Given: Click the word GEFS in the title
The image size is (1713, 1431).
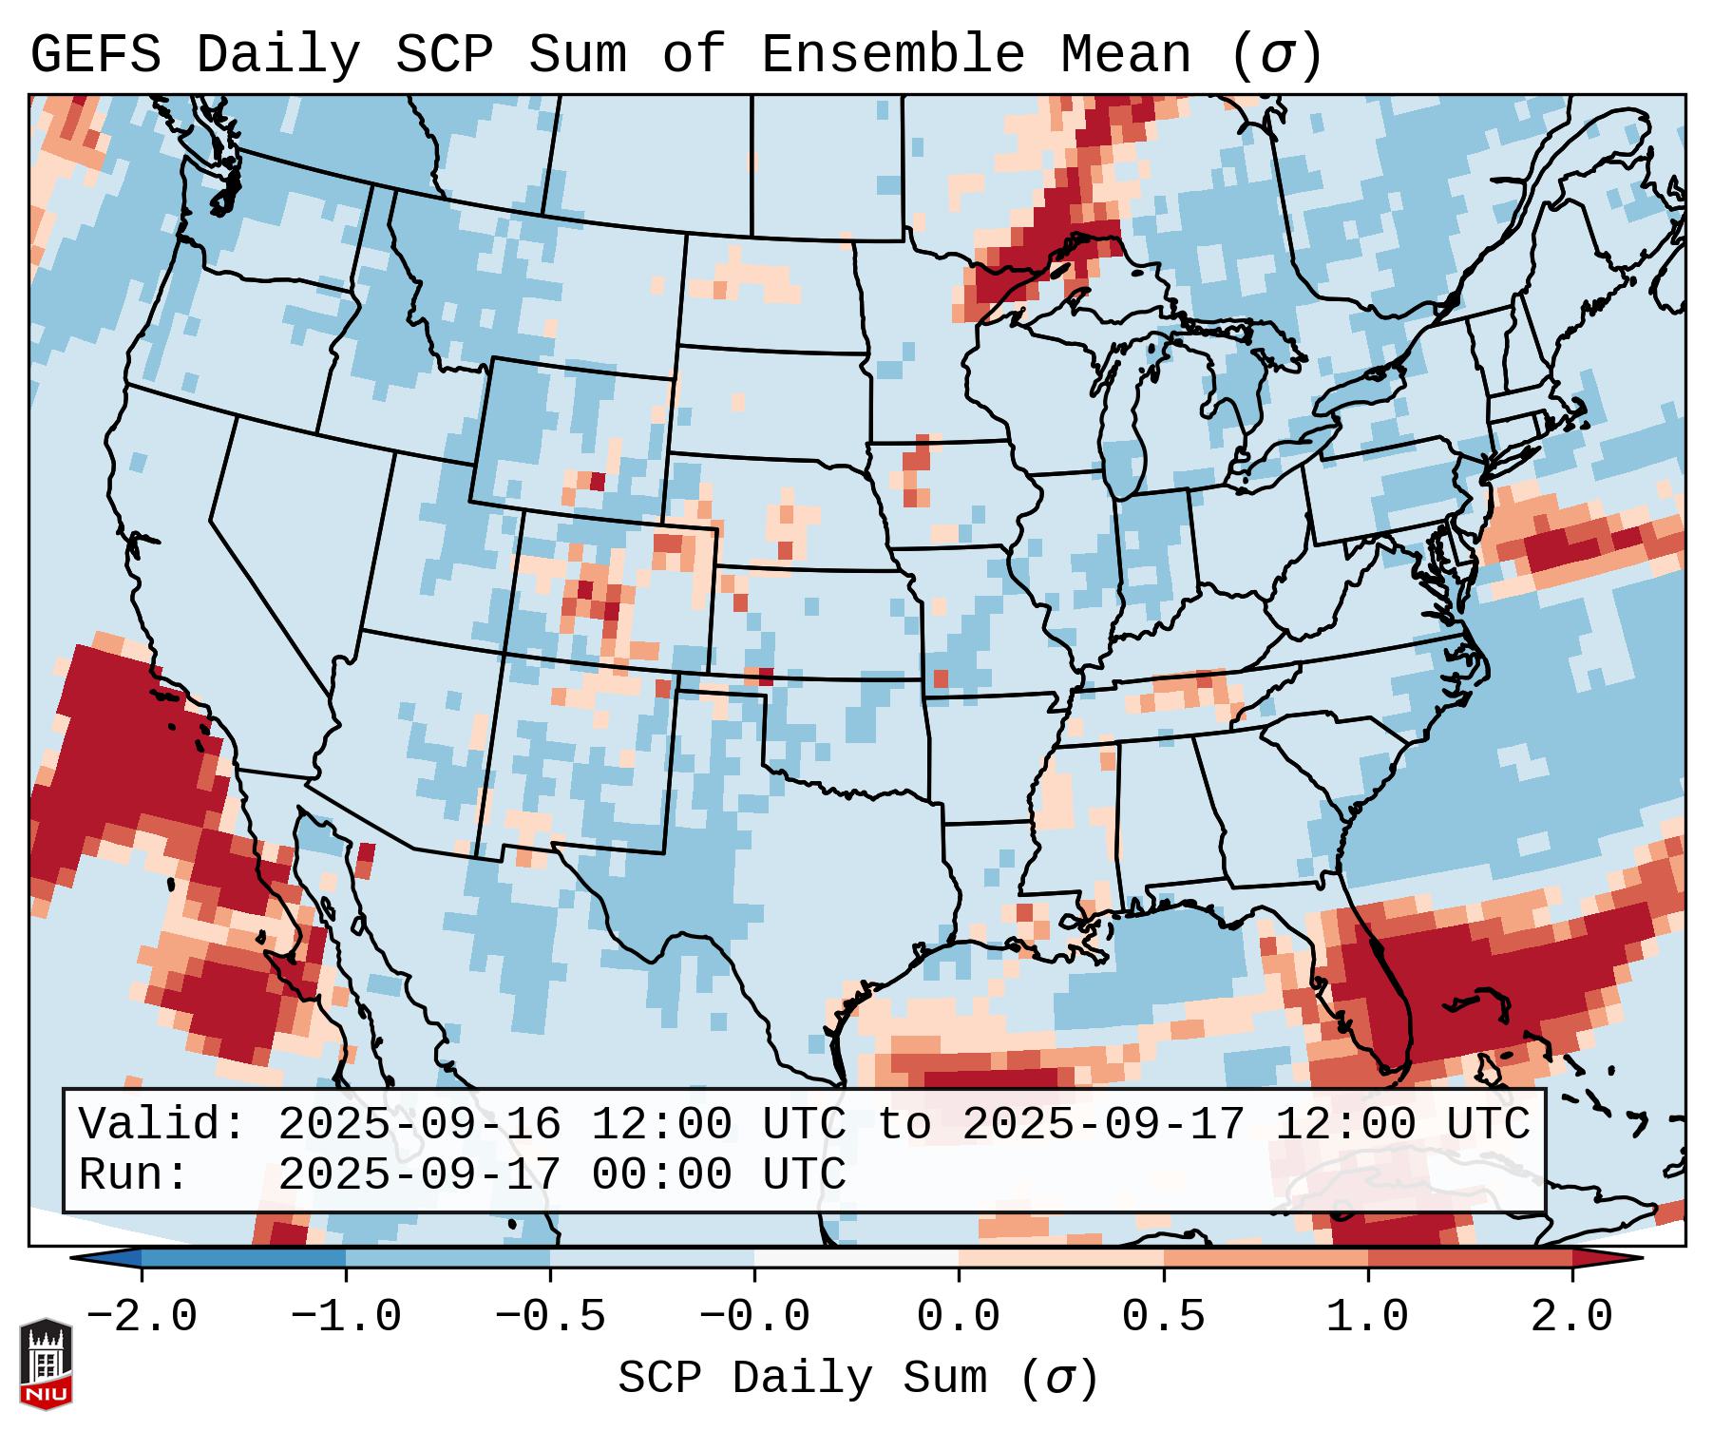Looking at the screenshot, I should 95,55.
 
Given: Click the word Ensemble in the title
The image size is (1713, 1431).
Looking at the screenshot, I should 893,55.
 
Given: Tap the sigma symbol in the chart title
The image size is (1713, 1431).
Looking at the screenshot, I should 1276,55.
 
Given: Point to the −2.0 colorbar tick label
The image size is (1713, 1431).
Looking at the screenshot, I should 142,1317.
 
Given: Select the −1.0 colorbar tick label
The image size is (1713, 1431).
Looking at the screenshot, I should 346,1317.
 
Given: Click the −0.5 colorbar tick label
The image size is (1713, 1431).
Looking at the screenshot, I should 550,1317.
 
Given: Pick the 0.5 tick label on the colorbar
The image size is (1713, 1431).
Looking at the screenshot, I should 1164,1317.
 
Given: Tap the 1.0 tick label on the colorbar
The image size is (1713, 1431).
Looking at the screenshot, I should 1368,1317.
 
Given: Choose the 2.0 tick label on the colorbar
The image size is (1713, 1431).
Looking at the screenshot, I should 1572,1317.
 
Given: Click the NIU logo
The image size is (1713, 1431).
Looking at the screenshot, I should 46,1364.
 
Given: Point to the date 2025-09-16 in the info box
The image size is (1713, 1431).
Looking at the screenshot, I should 419,1124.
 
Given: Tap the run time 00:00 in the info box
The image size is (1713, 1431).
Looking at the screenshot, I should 661,1174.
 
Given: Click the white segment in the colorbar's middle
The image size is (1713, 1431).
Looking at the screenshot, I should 856,1258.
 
